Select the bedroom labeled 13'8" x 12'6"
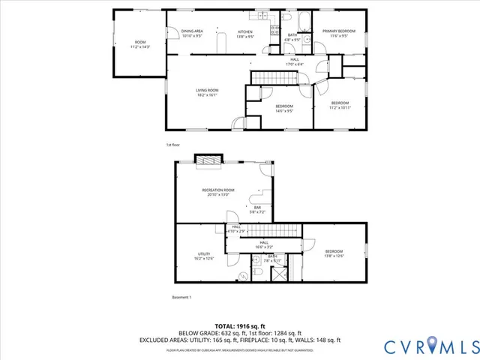click(x=334, y=253)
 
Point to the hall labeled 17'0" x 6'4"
click(x=295, y=61)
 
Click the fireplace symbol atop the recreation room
click(x=208, y=160)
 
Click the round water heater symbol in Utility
click(x=243, y=276)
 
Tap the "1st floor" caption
click(x=173, y=145)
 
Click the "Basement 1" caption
click(x=181, y=298)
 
